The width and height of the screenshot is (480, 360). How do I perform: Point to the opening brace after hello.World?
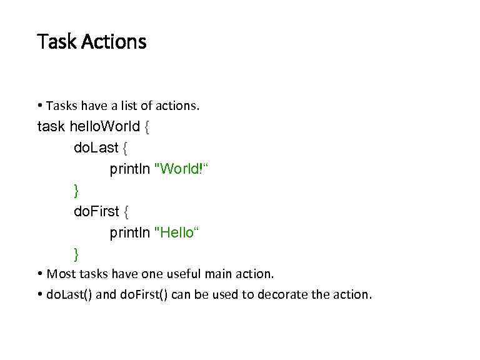[x=146, y=127]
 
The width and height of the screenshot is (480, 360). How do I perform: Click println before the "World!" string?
[x=129, y=169]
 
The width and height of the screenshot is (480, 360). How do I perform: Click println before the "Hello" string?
[x=129, y=233]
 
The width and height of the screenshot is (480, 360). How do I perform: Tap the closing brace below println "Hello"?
[x=76, y=254]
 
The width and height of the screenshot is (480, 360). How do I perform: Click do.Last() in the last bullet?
[x=69, y=294]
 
